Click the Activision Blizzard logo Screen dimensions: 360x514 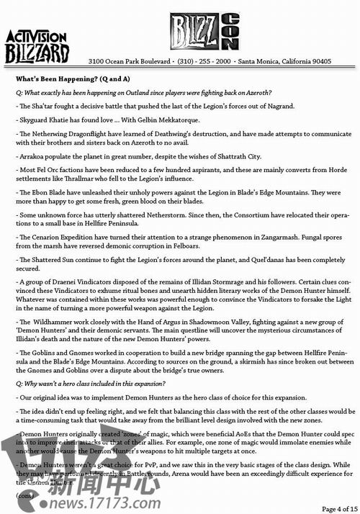tap(37, 47)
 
